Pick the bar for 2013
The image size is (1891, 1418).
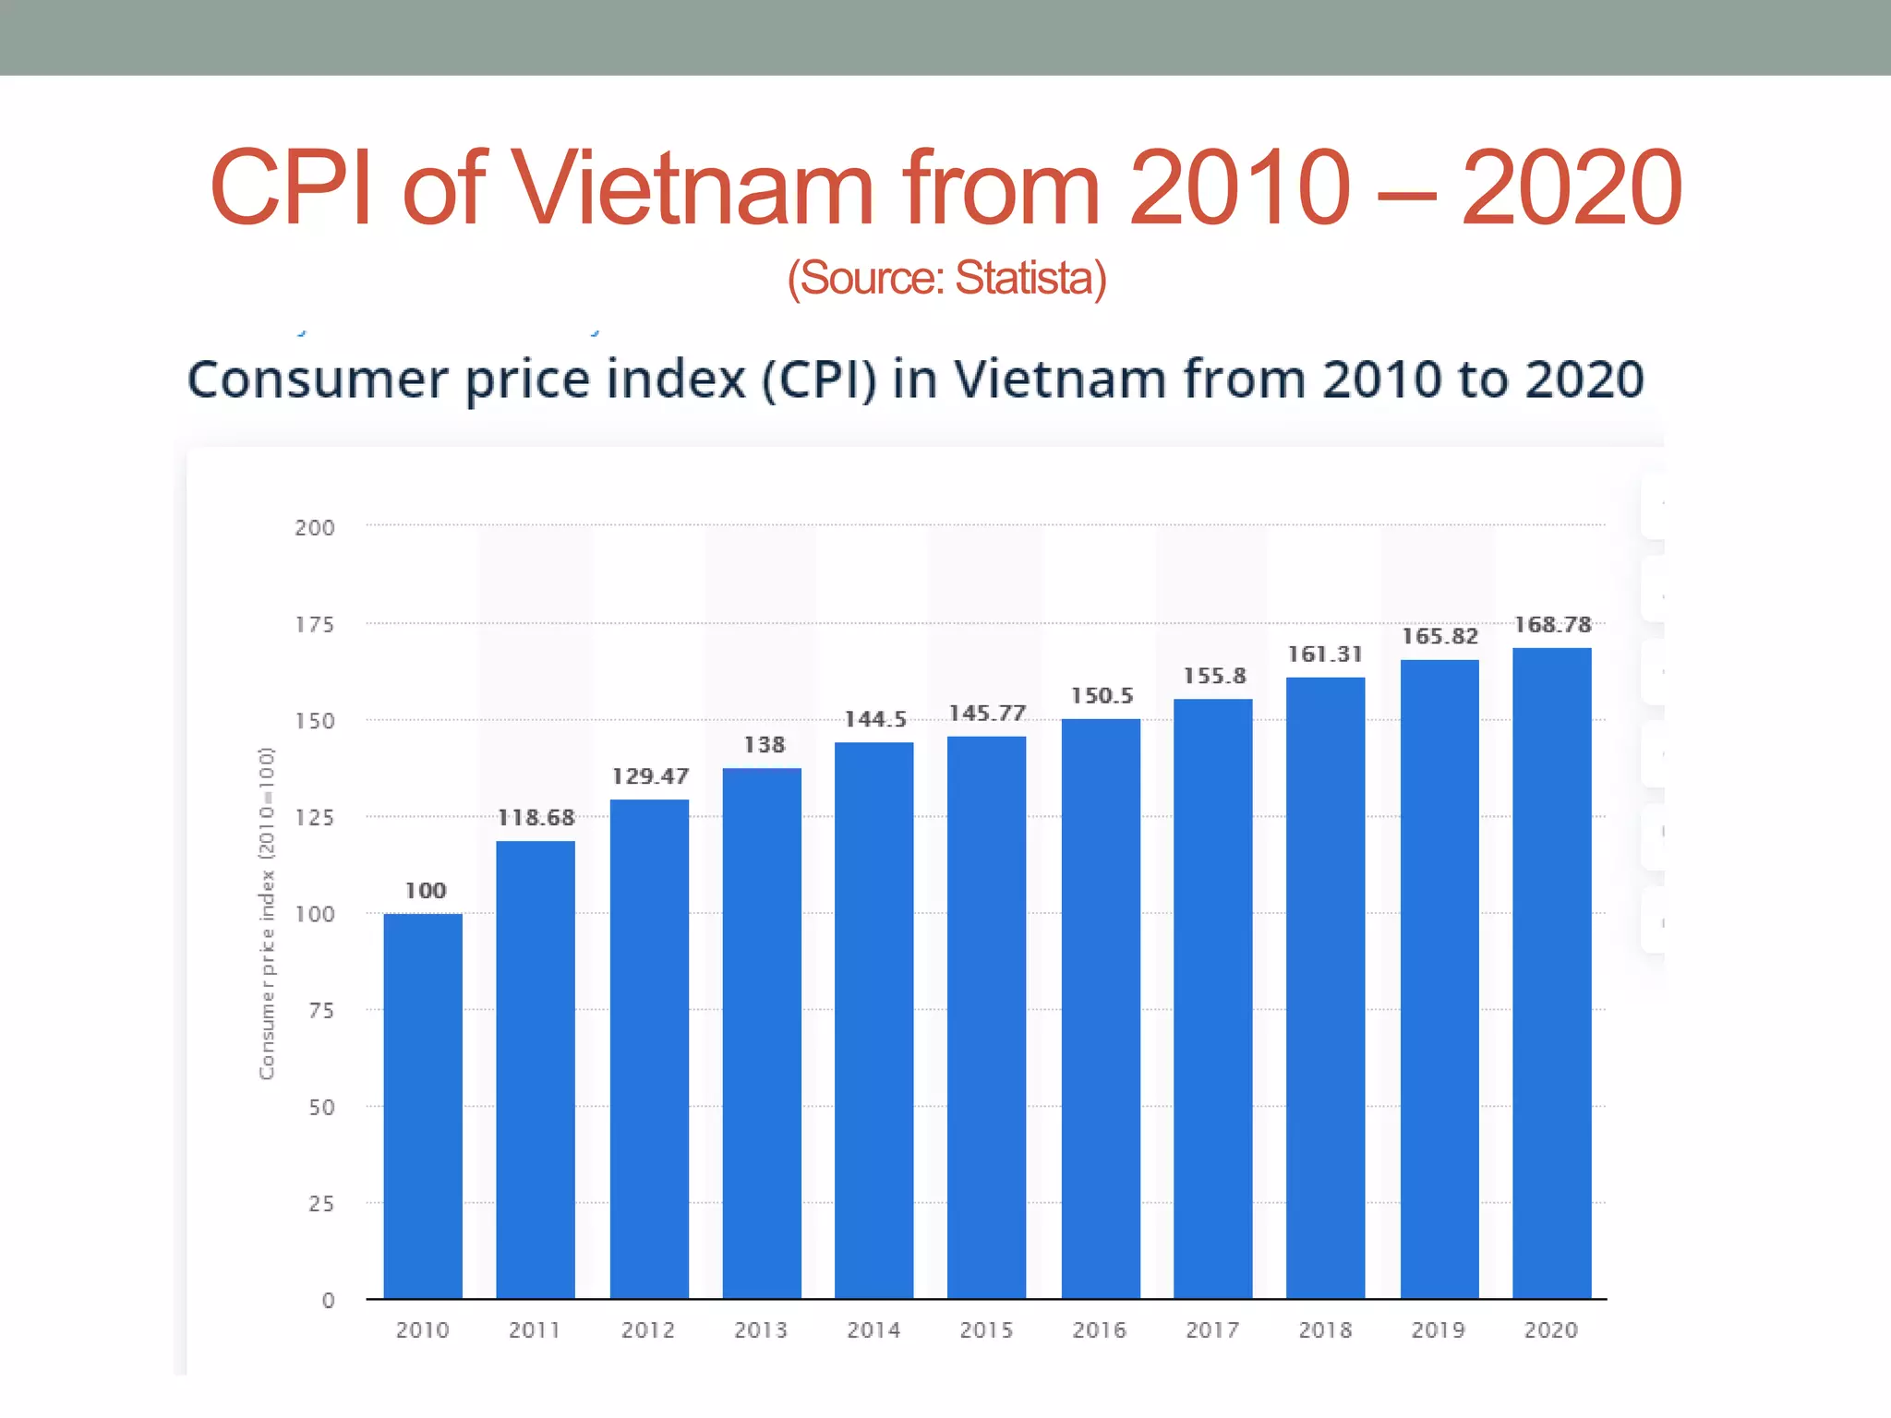tap(762, 1033)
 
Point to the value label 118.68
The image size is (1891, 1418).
tap(536, 818)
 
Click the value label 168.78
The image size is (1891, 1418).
tap(1552, 625)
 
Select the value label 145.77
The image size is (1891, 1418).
tap(987, 714)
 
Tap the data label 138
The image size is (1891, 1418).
tap(764, 745)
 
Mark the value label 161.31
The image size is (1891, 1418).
tap(1325, 655)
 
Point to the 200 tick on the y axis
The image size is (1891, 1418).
tap(315, 528)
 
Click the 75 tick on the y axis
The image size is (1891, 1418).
tap(321, 1011)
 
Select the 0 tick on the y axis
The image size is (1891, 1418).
tap(328, 1301)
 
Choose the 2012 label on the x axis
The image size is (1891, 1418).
tap(648, 1330)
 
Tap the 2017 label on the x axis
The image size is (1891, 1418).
tap(1212, 1330)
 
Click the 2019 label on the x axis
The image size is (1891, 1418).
tap(1438, 1330)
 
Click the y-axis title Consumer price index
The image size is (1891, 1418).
tap(266, 913)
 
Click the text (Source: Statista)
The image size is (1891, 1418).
tap(946, 278)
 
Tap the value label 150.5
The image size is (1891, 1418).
tap(1101, 696)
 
